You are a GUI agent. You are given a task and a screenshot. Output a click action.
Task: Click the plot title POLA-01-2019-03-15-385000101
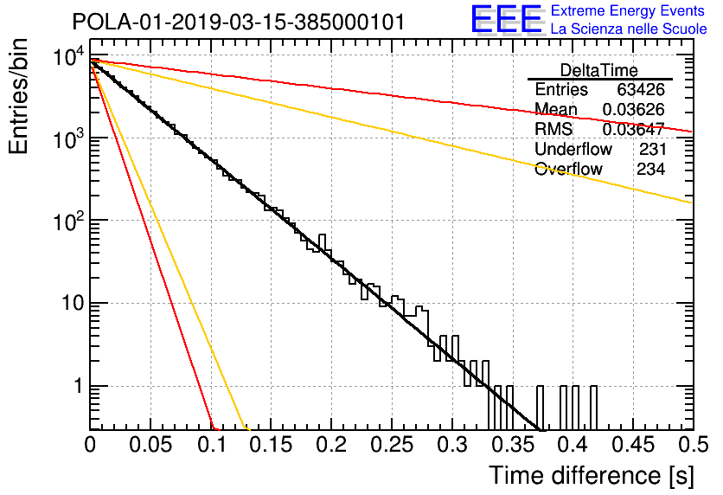coord(239,22)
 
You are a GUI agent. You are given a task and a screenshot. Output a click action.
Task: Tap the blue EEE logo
coord(507,19)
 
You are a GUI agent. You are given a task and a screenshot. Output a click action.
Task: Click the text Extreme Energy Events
coord(628,10)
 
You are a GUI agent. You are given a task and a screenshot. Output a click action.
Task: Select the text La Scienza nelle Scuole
coord(629,29)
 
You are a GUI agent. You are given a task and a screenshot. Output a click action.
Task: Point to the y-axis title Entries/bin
coord(18,96)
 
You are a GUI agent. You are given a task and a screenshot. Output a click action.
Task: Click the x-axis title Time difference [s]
coord(592,476)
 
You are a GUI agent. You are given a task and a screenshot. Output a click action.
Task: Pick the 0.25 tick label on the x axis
coord(392,445)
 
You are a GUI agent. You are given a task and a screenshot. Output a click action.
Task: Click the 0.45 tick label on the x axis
coord(633,445)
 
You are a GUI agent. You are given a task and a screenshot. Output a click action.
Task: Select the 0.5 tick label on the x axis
coord(694,445)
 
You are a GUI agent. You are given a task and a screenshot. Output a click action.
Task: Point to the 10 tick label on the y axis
coord(73,303)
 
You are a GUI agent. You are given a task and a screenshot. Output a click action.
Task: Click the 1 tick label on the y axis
coord(79,386)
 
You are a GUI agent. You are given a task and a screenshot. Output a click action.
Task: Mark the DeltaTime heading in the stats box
coord(599,70)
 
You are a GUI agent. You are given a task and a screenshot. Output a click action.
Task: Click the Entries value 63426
coord(641,89)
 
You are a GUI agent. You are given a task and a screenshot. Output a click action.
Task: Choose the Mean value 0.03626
coord(634,109)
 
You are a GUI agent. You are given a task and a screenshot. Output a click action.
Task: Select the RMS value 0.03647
coord(634,129)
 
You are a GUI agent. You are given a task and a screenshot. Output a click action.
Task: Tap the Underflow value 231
coord(653,149)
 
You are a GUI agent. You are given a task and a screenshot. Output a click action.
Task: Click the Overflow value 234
coord(651,169)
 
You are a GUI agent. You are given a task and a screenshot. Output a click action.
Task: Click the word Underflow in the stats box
coord(573,149)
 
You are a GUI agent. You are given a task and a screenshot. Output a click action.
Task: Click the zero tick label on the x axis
coord(90,445)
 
